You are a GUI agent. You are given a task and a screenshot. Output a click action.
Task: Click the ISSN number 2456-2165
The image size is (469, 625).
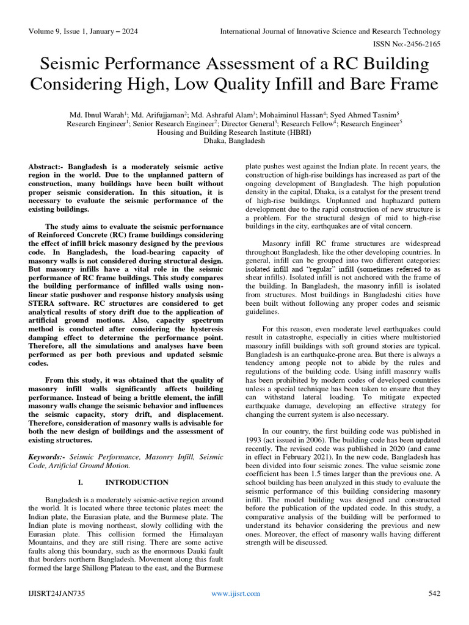421,44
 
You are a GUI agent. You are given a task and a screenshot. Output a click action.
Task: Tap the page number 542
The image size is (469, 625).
434,593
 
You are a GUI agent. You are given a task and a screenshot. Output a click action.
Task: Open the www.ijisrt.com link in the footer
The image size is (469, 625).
235,593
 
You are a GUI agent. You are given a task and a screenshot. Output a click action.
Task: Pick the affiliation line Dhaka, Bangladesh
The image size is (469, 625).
234,140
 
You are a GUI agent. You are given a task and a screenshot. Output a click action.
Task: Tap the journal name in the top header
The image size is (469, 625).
330,31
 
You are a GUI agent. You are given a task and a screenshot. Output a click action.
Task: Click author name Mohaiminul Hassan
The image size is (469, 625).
296,114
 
